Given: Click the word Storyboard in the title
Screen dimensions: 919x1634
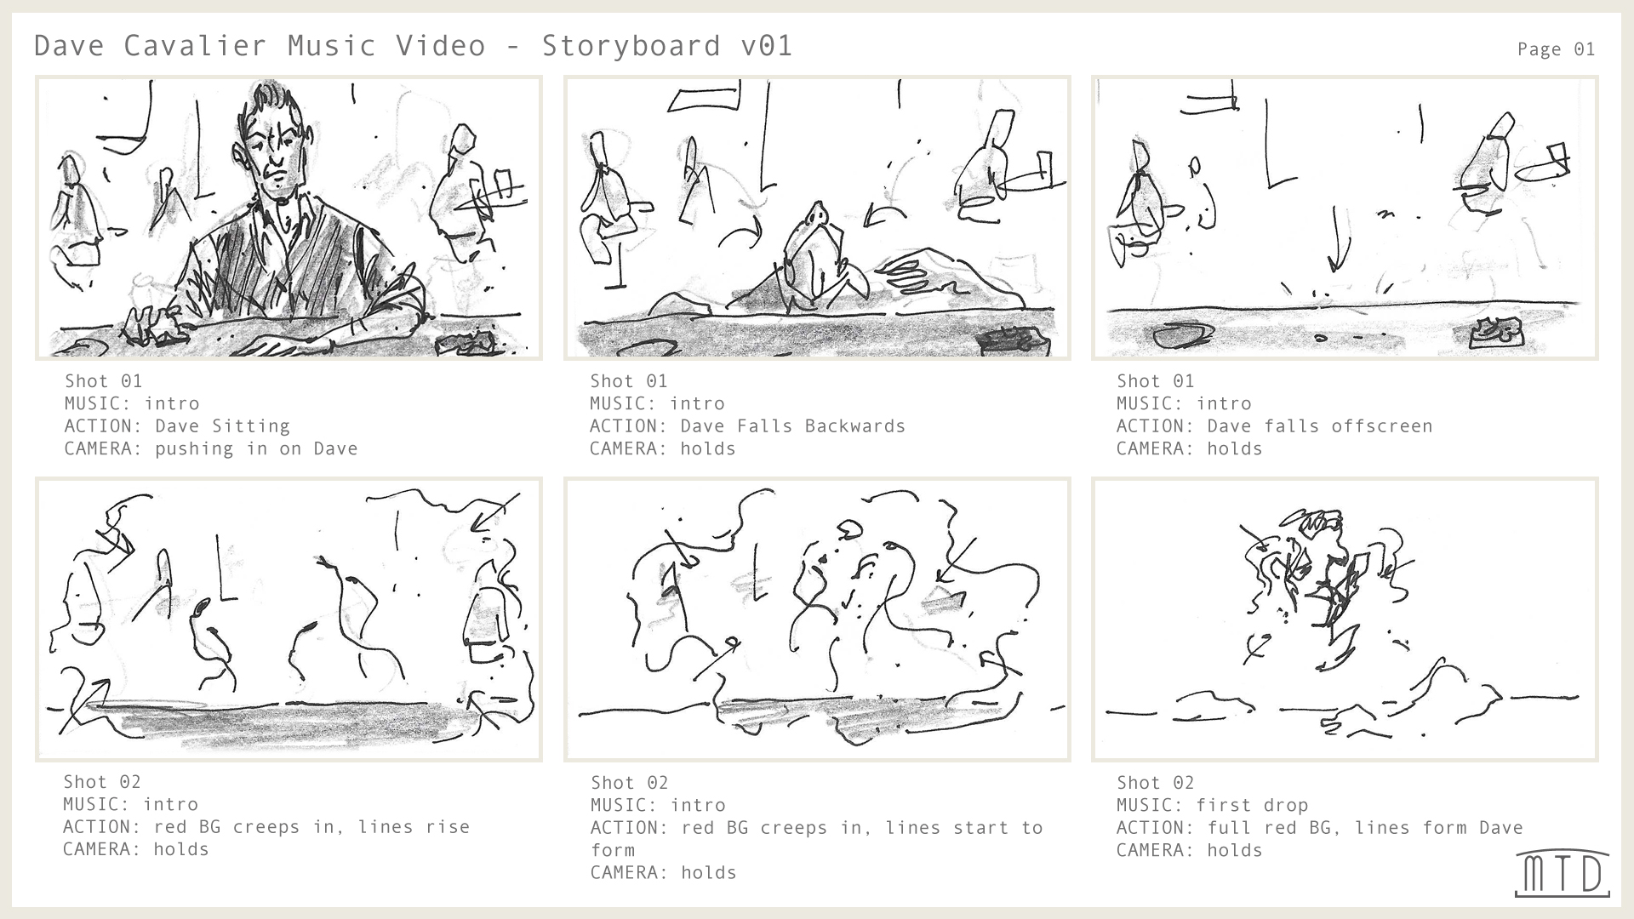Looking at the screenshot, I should coord(631,45).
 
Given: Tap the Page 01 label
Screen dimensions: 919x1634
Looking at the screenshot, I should coord(1556,49).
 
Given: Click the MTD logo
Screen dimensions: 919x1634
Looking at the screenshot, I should coord(1562,873).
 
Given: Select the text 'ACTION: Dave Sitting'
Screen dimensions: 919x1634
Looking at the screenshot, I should coord(177,426).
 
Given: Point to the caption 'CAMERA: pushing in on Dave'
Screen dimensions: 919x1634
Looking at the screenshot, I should coord(211,448).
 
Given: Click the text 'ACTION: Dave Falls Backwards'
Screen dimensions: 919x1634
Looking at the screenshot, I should coord(747,426).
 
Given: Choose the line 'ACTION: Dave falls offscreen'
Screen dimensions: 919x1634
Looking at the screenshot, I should coord(1274,426).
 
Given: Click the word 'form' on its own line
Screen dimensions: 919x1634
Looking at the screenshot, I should coord(613,850).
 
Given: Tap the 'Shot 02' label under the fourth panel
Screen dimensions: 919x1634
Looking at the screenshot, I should coord(102,782).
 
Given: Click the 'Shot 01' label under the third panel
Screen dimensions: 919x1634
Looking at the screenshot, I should coord(1155,381).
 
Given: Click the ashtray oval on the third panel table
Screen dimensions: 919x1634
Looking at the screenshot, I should coord(1179,335).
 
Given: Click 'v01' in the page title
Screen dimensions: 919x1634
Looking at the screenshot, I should coord(767,45).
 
